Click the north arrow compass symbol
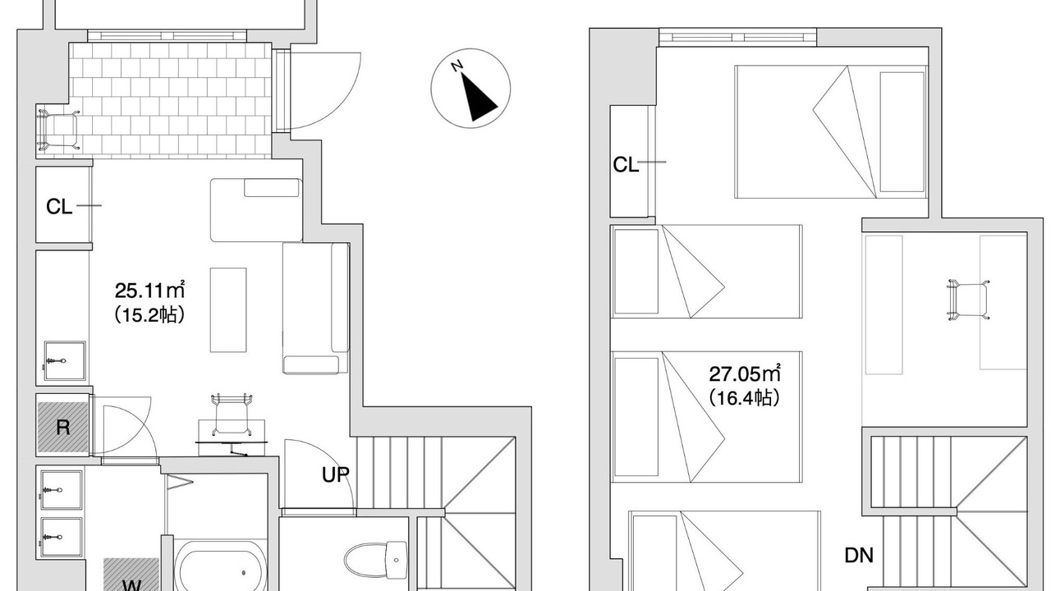point(470,88)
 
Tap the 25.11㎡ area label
point(149,291)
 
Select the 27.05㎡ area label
point(745,373)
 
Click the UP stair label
point(336,475)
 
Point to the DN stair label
point(859,556)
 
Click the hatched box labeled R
point(63,427)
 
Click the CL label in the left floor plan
point(59,206)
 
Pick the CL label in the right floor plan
point(626,165)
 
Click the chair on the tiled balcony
point(58,130)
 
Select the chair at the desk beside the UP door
point(232,415)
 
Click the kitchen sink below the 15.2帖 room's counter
point(65,360)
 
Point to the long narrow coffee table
point(228,309)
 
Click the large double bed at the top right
point(830,132)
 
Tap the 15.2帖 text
point(149,314)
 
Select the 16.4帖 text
point(745,398)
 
